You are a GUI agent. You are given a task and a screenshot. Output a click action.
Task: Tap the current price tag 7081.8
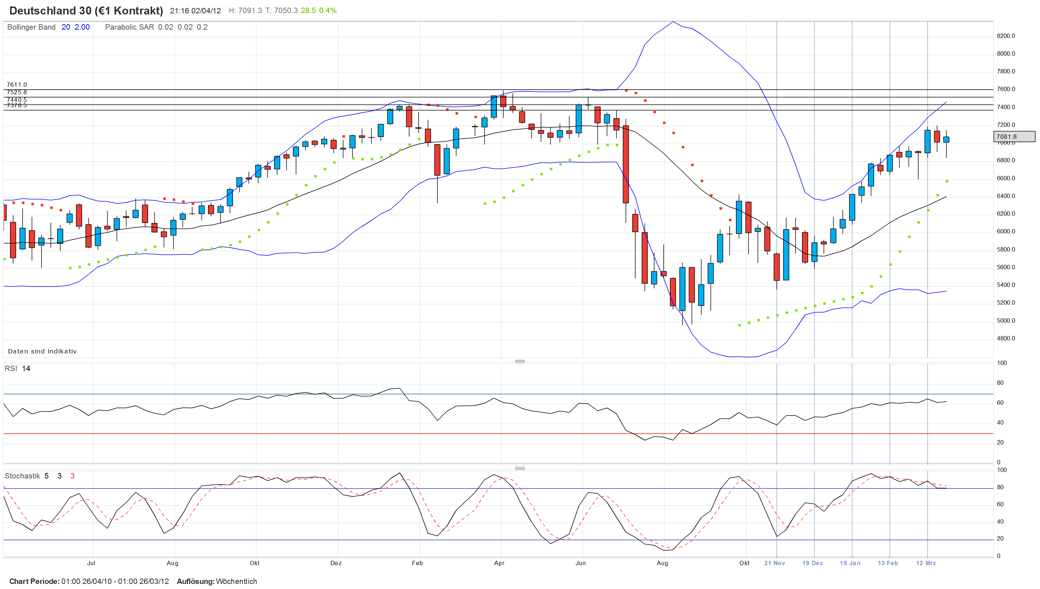pos(1014,137)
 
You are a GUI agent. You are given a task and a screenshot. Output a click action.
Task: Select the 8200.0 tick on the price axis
pos(1006,36)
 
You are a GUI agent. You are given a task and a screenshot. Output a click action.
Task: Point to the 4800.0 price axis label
pos(1006,339)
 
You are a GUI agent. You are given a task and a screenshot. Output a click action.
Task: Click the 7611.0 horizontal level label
pos(17,85)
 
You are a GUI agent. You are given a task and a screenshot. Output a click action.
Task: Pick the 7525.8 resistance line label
pos(17,92)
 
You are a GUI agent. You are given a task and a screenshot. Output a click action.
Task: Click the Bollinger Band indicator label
pos(31,27)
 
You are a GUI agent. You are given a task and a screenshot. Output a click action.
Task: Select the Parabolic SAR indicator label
pos(129,27)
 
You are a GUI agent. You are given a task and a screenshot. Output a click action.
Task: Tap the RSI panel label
pos(11,369)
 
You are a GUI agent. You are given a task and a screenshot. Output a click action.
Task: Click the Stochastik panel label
pos(22,476)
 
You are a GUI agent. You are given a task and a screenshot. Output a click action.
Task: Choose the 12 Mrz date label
pos(926,563)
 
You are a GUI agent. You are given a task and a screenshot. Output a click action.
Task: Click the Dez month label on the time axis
pos(336,563)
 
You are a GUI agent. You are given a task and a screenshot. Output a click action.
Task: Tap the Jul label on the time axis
pos(91,563)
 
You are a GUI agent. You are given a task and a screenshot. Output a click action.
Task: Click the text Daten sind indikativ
pos(42,351)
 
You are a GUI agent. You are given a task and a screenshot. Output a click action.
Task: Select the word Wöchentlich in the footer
pos(237,581)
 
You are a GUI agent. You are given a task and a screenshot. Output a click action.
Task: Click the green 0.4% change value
pos(328,10)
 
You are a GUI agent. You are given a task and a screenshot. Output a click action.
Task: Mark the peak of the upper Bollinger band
pos(673,22)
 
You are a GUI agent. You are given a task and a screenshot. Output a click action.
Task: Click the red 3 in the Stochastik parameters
pos(72,476)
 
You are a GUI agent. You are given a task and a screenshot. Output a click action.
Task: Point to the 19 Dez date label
pos(812,563)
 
